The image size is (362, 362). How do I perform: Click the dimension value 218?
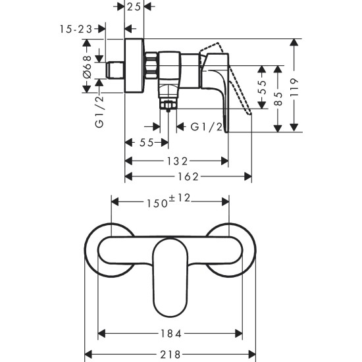170,353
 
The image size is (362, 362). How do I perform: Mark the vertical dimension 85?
278,97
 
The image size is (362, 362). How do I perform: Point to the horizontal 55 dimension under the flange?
146,143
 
